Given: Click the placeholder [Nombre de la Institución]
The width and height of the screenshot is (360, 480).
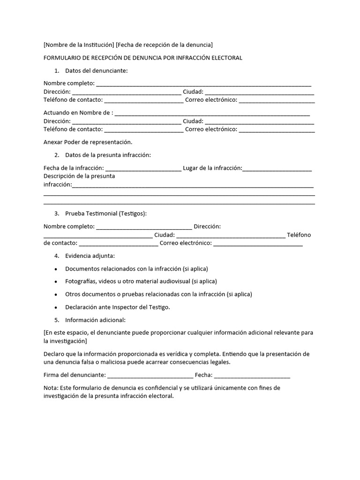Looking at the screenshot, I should click(x=79, y=45).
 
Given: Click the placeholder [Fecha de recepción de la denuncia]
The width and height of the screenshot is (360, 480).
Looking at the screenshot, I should click(x=164, y=45).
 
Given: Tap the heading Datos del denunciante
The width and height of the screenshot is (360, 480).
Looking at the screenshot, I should click(x=96, y=71).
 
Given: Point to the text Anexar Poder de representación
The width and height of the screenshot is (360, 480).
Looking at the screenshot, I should click(x=88, y=142).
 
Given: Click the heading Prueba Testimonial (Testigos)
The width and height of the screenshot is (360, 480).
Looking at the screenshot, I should click(x=106, y=214).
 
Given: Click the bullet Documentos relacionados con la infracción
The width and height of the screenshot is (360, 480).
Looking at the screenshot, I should click(x=136, y=269).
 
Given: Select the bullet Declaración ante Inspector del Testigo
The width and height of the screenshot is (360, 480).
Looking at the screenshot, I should click(x=118, y=307).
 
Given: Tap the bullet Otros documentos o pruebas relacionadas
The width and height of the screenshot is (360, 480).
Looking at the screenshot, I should click(x=158, y=294).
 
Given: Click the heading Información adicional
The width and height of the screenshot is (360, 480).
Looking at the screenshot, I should click(x=95, y=321).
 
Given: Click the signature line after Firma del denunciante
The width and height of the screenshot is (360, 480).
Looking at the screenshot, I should click(x=150, y=375).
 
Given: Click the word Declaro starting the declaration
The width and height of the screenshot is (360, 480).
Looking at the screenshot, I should click(x=54, y=354).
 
